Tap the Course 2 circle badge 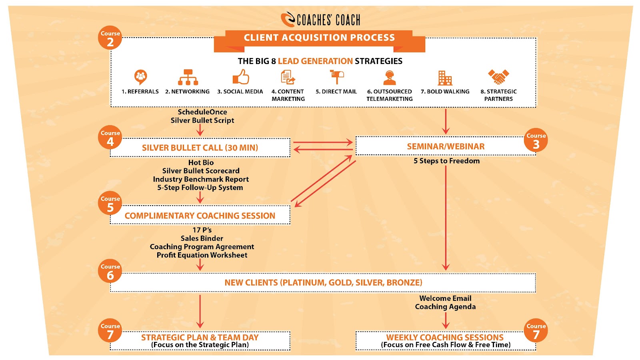[110, 38]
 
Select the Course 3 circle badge [536, 140]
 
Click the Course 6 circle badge [110, 271]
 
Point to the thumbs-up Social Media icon [241, 77]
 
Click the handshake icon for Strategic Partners [498, 77]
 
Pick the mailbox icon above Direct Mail [336, 77]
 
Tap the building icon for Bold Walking [445, 78]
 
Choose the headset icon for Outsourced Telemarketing [389, 77]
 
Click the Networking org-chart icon [188, 77]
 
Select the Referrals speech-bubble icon [140, 77]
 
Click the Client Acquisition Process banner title [319, 38]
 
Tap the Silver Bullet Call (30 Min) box [200, 148]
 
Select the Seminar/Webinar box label [446, 146]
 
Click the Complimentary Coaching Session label [200, 216]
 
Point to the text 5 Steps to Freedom [446, 161]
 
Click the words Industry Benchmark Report [201, 179]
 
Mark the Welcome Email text [445, 298]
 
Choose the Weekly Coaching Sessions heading [445, 337]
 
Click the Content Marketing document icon [288, 77]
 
